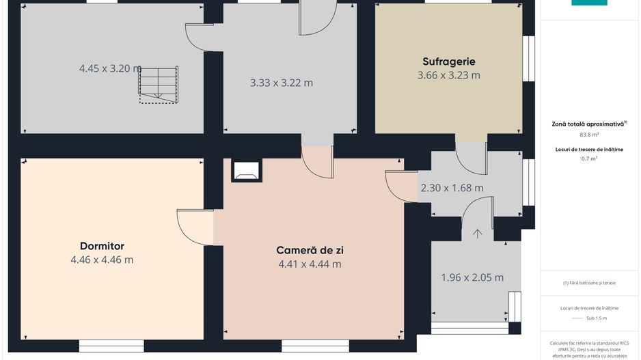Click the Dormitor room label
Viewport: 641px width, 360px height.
[102, 246]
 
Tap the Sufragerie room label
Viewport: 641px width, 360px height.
[448, 61]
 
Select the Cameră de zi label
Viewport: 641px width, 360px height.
[310, 250]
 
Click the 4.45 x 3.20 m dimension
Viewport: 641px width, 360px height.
[110, 68]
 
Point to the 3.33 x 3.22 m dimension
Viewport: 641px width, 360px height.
[282, 83]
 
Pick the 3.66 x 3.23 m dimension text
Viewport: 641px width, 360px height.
[448, 75]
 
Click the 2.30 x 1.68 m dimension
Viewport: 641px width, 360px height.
[452, 188]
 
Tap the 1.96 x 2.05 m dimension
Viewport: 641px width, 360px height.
[472, 277]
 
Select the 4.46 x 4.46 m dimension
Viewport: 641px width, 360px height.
[102, 260]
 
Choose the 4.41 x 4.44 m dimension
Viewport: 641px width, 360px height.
[310, 264]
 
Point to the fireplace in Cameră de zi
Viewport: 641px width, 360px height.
[246, 171]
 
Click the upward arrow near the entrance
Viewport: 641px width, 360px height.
[478, 234]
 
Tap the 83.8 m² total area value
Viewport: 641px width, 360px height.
[589, 135]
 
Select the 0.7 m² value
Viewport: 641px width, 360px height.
[589, 158]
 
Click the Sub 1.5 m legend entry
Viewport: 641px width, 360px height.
[589, 318]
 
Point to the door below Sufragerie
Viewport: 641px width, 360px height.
[471, 158]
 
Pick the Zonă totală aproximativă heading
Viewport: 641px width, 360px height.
[589, 124]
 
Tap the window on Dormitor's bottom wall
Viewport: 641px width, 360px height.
[111, 344]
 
